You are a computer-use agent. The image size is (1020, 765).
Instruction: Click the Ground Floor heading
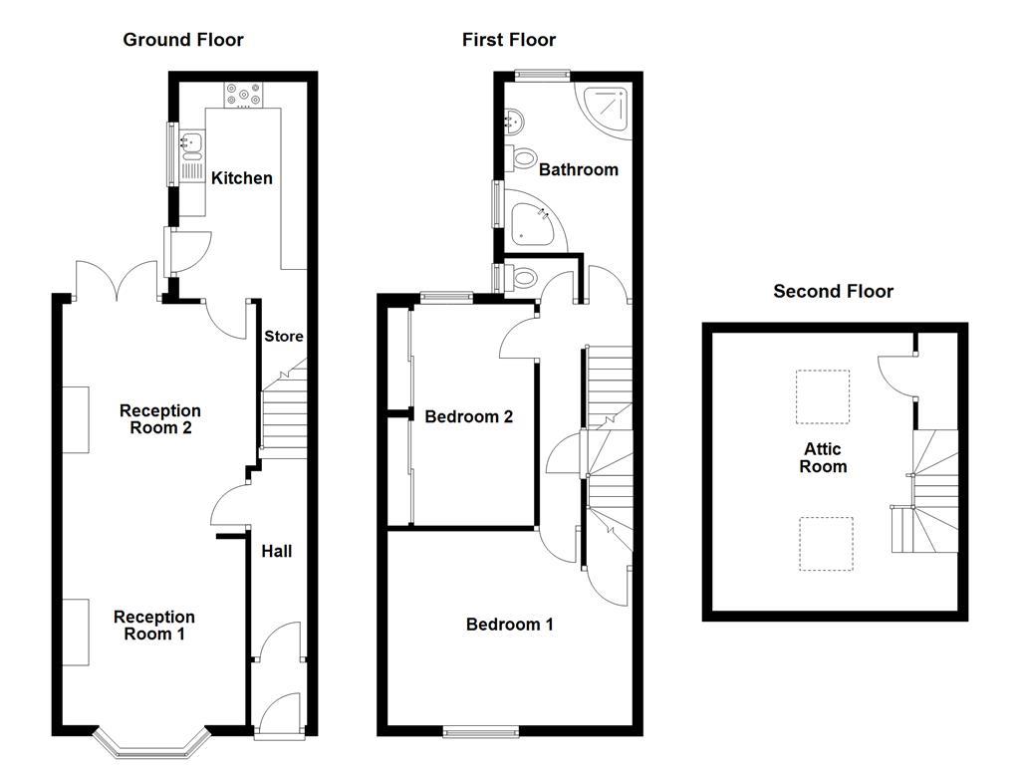tap(182, 40)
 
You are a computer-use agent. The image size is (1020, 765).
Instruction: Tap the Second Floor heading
tap(833, 291)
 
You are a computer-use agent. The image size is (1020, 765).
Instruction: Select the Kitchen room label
tap(241, 177)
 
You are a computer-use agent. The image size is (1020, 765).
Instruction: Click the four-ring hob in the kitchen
tap(244, 94)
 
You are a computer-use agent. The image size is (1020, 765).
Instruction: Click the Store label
tap(283, 337)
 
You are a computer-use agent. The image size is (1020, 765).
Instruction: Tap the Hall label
tap(276, 550)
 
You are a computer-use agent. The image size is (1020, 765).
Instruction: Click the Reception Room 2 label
tap(159, 419)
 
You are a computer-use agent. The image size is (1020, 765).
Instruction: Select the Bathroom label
tap(579, 169)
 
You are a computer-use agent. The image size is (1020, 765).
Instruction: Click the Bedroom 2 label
tap(468, 416)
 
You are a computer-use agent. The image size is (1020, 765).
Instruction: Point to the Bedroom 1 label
tap(509, 625)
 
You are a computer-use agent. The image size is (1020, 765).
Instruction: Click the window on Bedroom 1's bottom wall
tap(481, 731)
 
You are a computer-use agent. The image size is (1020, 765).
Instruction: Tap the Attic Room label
tap(823, 458)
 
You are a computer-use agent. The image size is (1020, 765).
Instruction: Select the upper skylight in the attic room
tap(823, 396)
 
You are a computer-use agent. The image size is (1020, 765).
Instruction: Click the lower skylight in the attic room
tap(826, 544)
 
